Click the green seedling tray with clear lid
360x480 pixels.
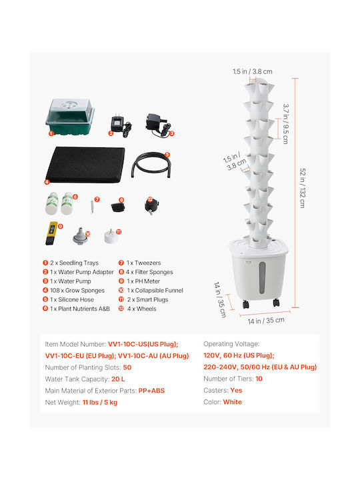(x=70, y=116)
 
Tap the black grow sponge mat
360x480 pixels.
(x=85, y=165)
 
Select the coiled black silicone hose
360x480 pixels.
(x=151, y=165)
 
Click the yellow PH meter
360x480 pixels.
(x=51, y=233)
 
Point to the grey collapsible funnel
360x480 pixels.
(x=80, y=236)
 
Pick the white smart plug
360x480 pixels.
(x=111, y=236)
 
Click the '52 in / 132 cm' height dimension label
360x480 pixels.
(x=303, y=188)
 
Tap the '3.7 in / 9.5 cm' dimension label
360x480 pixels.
(x=285, y=124)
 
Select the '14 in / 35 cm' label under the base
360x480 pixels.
(x=266, y=321)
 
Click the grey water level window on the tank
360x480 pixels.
(x=262, y=277)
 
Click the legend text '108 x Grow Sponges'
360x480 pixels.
(x=77, y=290)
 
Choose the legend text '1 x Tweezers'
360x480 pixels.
(x=143, y=263)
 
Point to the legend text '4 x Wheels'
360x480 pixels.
(x=142, y=309)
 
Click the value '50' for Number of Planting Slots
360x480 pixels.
(x=127, y=367)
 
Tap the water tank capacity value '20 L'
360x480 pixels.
(x=118, y=379)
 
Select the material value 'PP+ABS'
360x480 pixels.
(x=151, y=391)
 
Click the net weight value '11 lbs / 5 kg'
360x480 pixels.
(x=100, y=402)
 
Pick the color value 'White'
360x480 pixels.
(x=233, y=402)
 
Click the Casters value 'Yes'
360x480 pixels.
(x=236, y=390)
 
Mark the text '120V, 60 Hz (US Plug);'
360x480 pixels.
(x=239, y=355)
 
